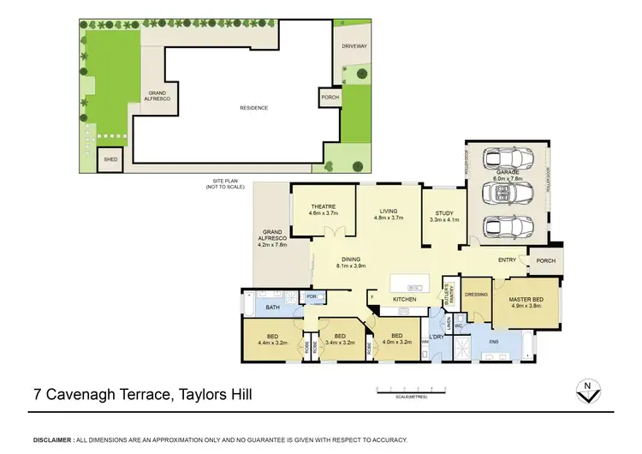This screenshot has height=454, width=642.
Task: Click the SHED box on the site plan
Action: coord(110,159)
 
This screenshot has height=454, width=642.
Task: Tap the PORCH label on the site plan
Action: coord(330,98)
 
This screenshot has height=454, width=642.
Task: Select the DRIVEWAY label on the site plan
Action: coord(354,45)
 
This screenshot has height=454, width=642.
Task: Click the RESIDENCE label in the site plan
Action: coord(253,108)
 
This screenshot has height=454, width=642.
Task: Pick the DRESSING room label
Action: coord(476,294)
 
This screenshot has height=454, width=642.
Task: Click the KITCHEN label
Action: coord(405,299)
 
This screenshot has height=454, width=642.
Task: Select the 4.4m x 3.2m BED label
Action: coord(272,338)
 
